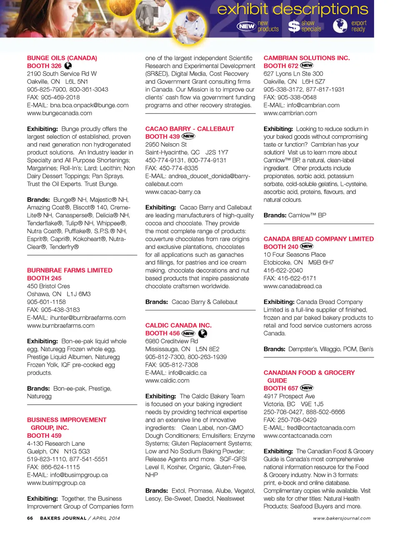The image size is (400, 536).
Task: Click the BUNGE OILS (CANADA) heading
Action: point(62,58)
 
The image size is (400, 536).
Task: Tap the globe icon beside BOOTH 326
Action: point(68,65)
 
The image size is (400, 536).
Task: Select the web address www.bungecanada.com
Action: point(60,113)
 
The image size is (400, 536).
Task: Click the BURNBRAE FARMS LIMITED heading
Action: point(70,270)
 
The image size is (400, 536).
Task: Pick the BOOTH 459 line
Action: point(44,436)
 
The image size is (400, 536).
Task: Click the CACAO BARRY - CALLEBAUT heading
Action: point(190,129)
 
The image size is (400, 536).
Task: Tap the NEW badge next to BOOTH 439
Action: point(188,136)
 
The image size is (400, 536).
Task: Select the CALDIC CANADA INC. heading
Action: point(178,325)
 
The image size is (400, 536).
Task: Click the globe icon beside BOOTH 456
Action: point(202,333)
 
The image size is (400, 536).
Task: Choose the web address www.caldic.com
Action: point(167,381)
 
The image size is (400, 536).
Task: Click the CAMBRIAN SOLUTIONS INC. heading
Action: point(307,58)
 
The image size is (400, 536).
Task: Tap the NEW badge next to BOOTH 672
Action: point(307,65)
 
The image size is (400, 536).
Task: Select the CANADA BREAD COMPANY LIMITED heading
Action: point(319,239)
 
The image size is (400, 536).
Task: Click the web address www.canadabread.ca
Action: point(292,286)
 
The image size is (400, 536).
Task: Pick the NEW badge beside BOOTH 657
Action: point(307,388)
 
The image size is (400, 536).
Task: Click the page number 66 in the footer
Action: point(30,518)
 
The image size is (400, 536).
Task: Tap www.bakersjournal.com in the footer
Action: point(342,518)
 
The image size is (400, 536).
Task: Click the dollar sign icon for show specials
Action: point(294,26)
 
